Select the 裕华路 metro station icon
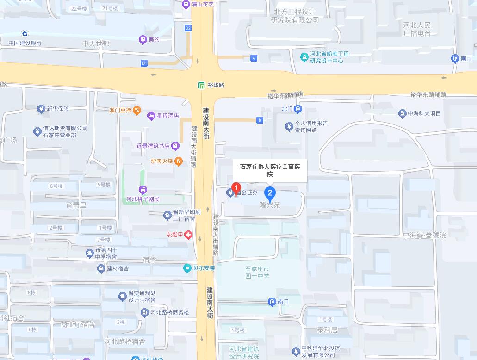[202, 85]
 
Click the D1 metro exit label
[144, 63]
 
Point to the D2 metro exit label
[188, 28]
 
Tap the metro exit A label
[254, 58]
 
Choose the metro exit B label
[260, 120]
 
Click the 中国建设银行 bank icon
[25, 34]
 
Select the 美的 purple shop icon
[142, 40]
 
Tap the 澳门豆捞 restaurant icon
[136, 111]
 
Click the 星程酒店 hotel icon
[151, 116]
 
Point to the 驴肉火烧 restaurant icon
[179, 161]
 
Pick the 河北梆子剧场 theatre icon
[143, 190]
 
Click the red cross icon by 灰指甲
[188, 235]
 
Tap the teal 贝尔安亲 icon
[187, 268]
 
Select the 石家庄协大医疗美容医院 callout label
[270, 170]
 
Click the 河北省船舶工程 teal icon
[304, 57]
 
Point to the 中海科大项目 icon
[402, 113]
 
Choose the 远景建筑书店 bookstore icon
[175, 146]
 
